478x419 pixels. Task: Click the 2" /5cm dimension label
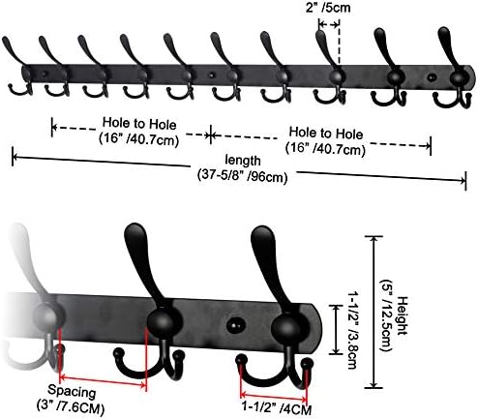(328, 7)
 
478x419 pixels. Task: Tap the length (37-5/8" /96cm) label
(242, 168)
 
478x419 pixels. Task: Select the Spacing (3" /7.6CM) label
(71, 400)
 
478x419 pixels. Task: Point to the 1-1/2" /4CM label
(277, 408)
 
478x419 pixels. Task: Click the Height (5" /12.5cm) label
(393, 324)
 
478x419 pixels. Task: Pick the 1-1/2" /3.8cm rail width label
(352, 330)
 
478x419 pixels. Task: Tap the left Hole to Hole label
(139, 132)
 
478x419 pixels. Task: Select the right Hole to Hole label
(325, 140)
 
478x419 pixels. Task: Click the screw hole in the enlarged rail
(234, 326)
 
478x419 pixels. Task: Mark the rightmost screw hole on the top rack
(432, 77)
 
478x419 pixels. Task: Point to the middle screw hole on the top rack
(211, 75)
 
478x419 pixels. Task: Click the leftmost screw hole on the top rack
(45, 74)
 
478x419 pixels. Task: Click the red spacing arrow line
(104, 381)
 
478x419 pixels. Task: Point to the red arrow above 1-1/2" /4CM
(274, 396)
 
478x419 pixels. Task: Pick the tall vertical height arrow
(373, 312)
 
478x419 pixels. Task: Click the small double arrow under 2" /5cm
(329, 24)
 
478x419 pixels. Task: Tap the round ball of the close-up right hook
(287, 327)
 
